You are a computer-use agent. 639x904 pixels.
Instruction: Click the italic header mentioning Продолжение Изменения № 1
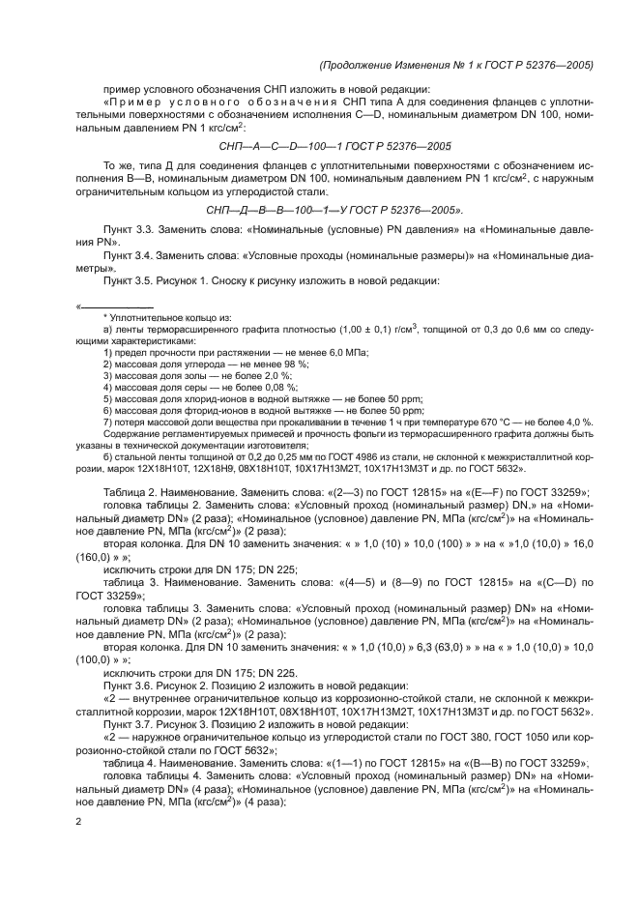(454, 65)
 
